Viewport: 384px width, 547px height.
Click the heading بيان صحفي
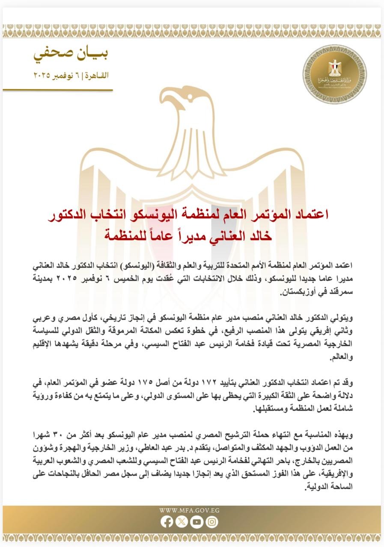pyautogui.click(x=71, y=54)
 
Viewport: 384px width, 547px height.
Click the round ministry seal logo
pyautogui.click(x=335, y=74)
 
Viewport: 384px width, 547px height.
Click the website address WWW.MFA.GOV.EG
pyautogui.click(x=189, y=510)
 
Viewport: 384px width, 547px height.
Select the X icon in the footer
pyautogui.click(x=182, y=522)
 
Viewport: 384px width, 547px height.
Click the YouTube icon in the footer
pyautogui.click(x=197, y=522)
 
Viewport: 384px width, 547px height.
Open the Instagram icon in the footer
pyautogui.click(x=212, y=522)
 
